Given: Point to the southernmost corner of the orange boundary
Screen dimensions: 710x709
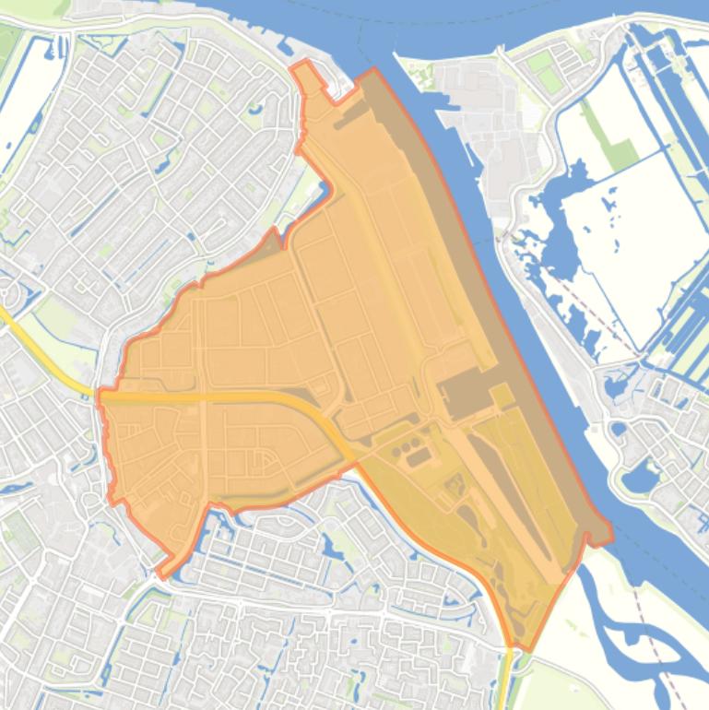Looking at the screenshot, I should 522,648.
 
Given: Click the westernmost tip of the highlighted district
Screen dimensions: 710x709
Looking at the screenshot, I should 100,396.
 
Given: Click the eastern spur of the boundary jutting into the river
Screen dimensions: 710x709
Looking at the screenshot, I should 603,534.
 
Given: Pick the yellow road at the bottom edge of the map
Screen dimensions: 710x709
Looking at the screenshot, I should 507,682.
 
